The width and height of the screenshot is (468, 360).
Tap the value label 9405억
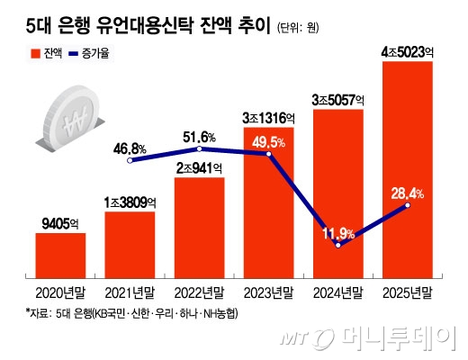point(60,222)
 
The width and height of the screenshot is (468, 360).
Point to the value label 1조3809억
point(130,201)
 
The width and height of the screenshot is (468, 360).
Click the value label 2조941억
point(199,167)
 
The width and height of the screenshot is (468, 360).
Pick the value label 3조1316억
point(268,118)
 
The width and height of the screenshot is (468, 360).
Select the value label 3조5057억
point(337,98)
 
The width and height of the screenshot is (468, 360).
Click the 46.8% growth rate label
point(130,148)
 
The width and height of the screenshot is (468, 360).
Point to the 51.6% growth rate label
point(200,136)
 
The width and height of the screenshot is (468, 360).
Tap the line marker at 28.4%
point(408,206)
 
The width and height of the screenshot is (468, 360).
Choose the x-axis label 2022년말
point(199,292)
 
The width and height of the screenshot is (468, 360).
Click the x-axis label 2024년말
point(337,292)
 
